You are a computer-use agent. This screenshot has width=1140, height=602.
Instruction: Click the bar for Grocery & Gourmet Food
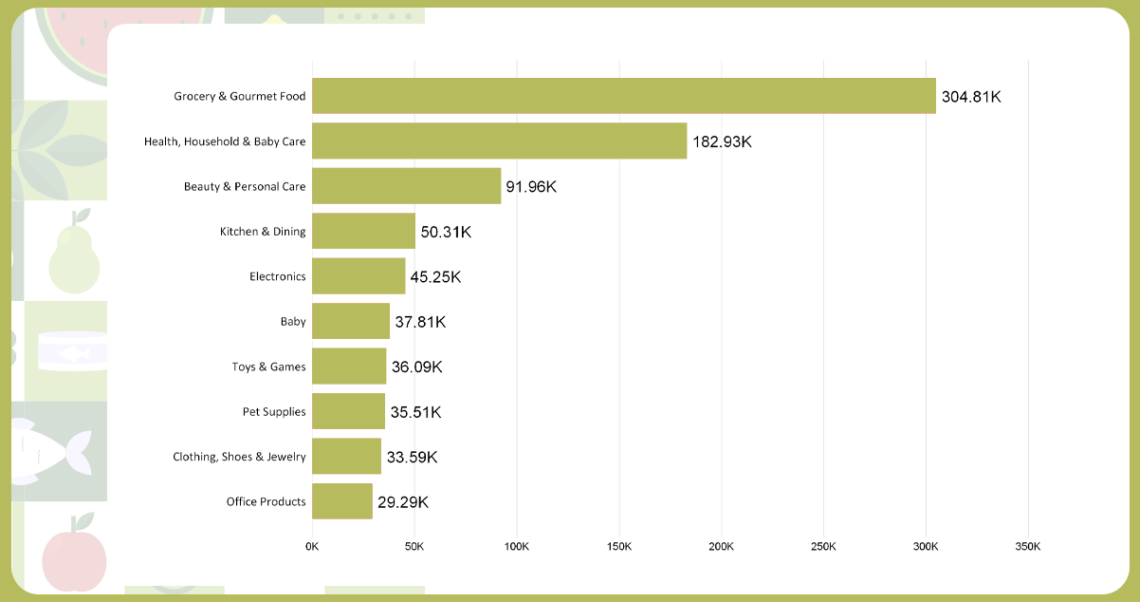tap(623, 96)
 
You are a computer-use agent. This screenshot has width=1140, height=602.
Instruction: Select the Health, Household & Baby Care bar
tap(499, 141)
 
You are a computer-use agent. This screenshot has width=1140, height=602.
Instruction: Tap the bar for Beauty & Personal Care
tap(406, 186)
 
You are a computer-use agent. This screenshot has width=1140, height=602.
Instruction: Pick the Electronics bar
tap(359, 276)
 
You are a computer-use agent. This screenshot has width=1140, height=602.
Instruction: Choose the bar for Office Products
tap(341, 501)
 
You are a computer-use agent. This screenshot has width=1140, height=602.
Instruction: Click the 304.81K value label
tap(971, 96)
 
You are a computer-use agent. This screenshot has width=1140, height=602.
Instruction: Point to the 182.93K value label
tap(722, 141)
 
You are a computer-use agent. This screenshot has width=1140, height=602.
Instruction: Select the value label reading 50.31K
tap(446, 232)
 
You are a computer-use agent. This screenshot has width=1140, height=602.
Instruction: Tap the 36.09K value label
tap(417, 367)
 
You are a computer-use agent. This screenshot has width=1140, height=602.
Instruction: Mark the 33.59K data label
tap(412, 457)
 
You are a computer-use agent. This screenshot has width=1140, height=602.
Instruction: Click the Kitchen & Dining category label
tap(263, 232)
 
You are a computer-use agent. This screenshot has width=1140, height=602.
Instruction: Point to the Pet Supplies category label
tap(274, 412)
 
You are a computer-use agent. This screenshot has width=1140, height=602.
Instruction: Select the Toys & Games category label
tap(268, 367)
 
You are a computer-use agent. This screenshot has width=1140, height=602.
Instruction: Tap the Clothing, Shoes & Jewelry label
tap(239, 457)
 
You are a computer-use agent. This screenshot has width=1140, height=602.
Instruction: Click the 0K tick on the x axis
tap(312, 547)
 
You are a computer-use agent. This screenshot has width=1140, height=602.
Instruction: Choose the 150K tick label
tap(618, 547)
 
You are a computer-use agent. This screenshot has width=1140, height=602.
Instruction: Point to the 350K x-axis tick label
tap(1028, 547)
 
